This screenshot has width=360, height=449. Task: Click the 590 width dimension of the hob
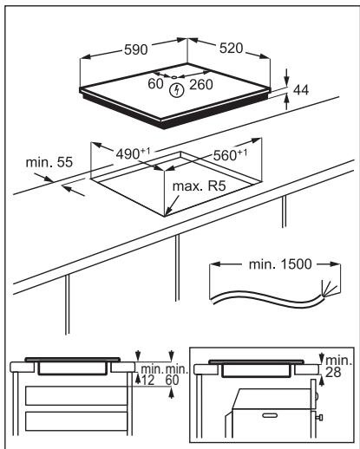click(x=136, y=49)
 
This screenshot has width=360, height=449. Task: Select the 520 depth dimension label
click(x=231, y=49)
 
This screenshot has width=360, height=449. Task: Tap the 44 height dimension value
click(x=301, y=90)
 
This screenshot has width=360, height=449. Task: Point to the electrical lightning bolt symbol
click(x=176, y=90)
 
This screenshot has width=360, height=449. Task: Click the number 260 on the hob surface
click(x=201, y=84)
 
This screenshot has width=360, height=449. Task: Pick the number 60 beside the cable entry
click(x=155, y=84)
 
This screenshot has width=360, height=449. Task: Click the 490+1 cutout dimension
click(x=133, y=153)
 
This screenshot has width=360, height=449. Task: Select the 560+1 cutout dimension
click(x=230, y=155)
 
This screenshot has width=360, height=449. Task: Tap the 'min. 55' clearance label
click(x=49, y=162)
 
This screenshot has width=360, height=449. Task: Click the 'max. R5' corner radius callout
click(x=199, y=186)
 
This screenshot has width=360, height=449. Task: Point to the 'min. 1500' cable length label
click(x=280, y=264)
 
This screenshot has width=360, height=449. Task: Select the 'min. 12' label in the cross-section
click(x=152, y=375)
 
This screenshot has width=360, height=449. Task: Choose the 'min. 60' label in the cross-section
click(x=176, y=375)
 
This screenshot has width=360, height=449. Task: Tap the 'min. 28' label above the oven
click(x=338, y=367)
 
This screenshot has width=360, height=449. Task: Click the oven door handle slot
click(x=270, y=415)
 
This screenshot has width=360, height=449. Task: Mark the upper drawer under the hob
click(x=76, y=395)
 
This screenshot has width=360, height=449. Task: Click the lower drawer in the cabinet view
click(x=76, y=421)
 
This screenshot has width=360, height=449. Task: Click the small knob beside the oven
click(x=320, y=417)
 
